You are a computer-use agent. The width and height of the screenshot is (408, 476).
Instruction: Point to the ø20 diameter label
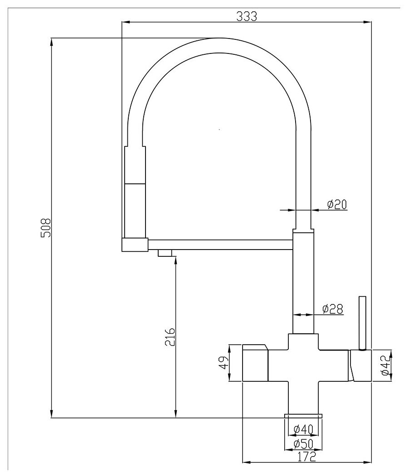pyautogui.click(x=337, y=204)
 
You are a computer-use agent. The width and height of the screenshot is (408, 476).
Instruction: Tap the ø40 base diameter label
pyautogui.click(x=302, y=428)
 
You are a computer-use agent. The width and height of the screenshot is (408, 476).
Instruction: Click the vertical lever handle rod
pyautogui.click(x=362, y=322)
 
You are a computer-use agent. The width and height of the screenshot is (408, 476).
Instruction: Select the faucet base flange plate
pyautogui.click(x=303, y=415)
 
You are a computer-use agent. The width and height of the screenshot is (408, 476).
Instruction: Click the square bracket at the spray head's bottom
pyautogui.click(x=135, y=244)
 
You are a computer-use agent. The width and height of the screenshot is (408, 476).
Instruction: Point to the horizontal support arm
pyautogui.click(x=220, y=244)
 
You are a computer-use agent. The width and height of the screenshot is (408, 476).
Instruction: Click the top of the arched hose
pyautogui.click(x=219, y=46)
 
